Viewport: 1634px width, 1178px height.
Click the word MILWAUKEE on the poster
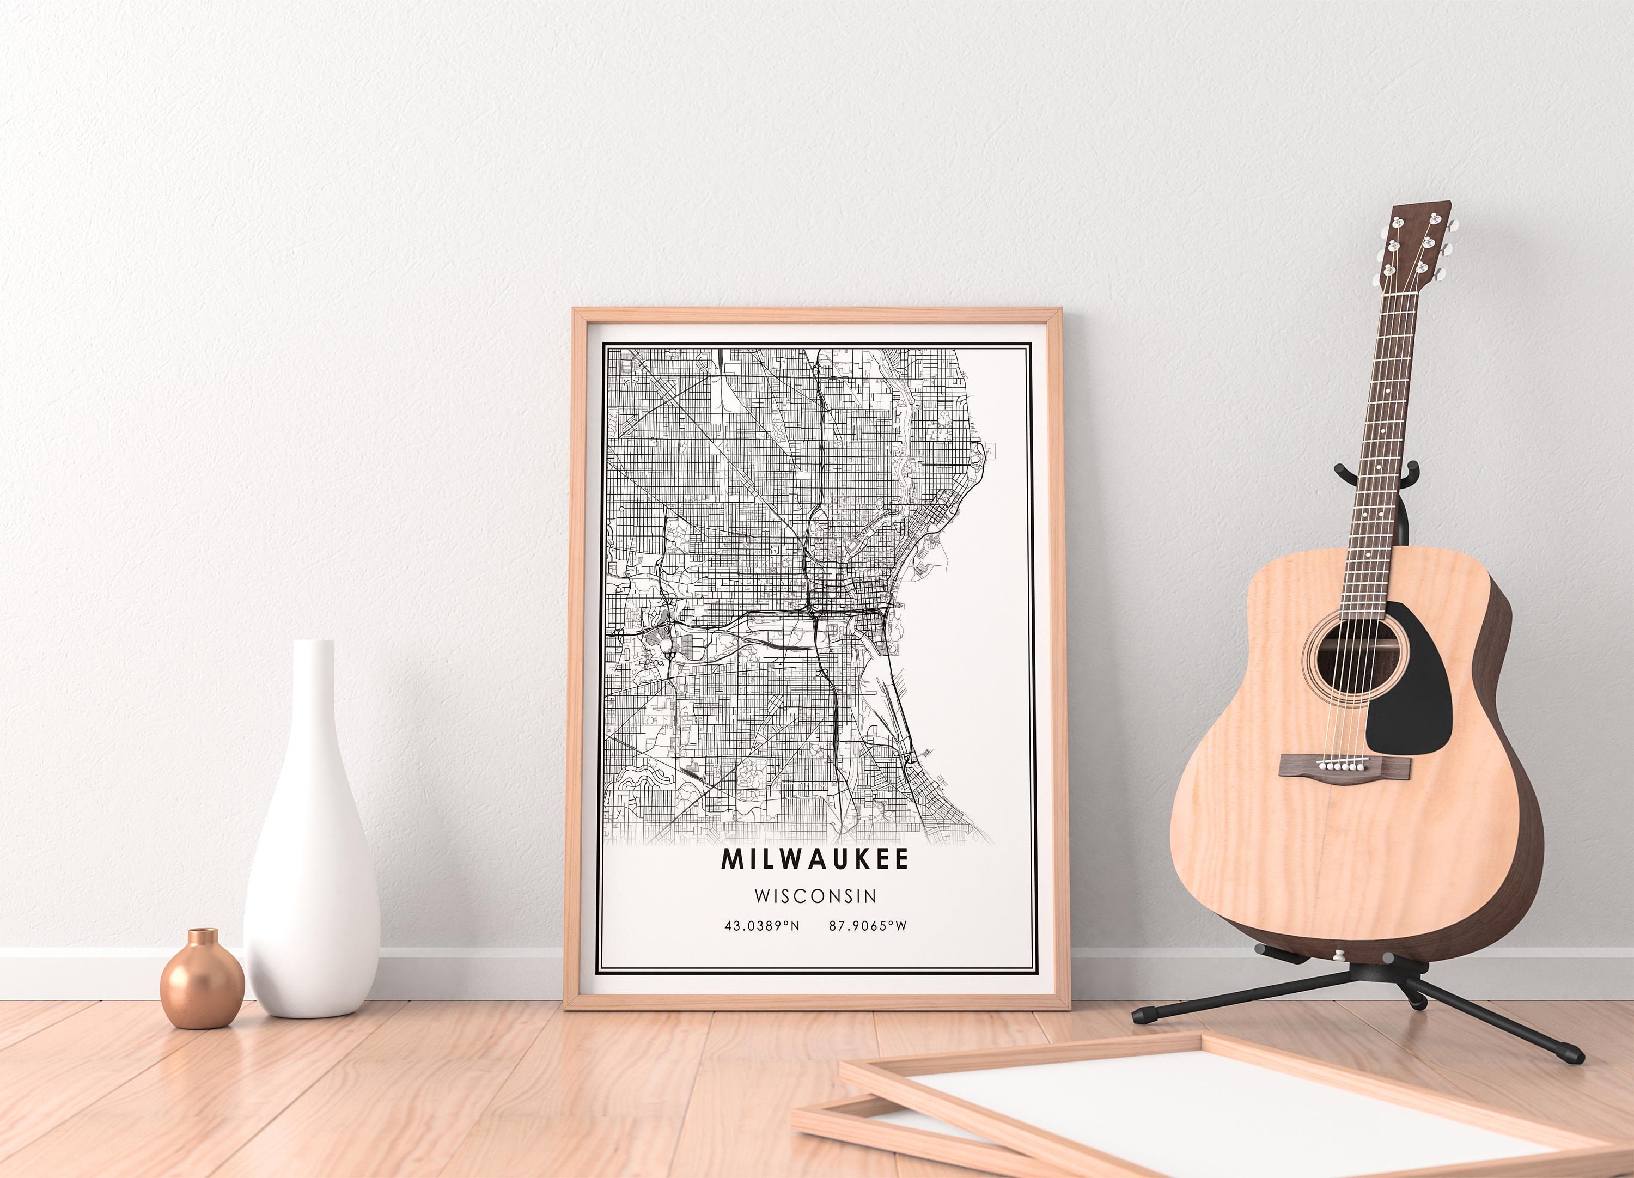click(x=815, y=859)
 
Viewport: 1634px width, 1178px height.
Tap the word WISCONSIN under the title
click(x=815, y=895)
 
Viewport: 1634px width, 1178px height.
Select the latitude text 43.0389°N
click(x=761, y=926)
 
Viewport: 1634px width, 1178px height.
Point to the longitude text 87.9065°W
click(x=868, y=926)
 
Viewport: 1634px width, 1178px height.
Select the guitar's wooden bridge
click(x=1344, y=765)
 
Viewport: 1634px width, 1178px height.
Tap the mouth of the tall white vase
click(x=314, y=643)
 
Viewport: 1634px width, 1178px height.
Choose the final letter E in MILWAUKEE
click(x=900, y=859)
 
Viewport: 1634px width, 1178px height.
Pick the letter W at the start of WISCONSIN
click(x=761, y=895)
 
